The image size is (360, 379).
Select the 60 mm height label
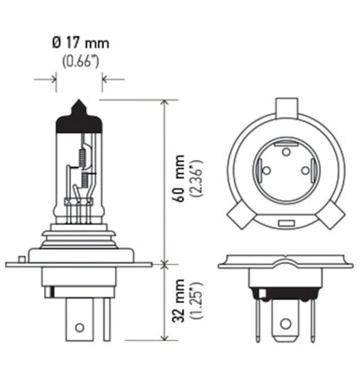click(x=178, y=187)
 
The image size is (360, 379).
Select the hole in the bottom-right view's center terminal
click(x=285, y=327)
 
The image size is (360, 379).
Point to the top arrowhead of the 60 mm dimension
click(x=164, y=101)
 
